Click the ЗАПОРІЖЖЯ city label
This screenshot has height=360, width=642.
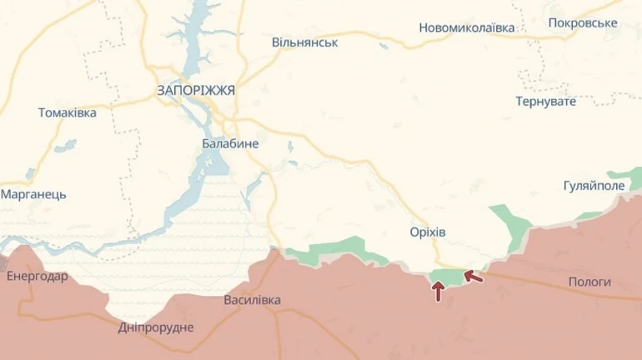point(196,90)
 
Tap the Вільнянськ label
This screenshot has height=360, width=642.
point(304,42)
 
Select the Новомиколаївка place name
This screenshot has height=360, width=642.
point(467,27)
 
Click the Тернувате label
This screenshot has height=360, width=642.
point(546,101)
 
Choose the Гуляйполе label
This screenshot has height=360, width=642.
point(594,185)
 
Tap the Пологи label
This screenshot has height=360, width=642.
point(589,282)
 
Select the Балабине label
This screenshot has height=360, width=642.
point(230,143)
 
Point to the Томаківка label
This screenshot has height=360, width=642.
point(68,112)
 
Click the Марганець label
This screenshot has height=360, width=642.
point(33,194)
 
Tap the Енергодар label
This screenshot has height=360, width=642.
point(38,276)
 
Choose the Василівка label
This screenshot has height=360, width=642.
point(253,300)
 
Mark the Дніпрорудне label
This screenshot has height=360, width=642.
point(156,327)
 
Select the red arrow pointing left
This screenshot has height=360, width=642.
point(472,275)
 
